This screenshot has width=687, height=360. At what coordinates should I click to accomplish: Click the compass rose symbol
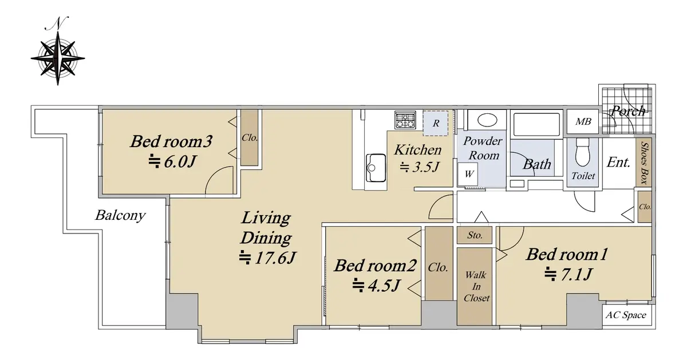coord(58,58)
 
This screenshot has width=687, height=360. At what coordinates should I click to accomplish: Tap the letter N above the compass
coord(57,23)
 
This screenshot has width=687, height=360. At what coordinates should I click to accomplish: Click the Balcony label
coord(120,215)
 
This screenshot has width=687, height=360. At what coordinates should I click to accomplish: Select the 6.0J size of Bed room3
coord(172,161)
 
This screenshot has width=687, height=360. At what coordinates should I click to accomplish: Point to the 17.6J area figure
coord(267,258)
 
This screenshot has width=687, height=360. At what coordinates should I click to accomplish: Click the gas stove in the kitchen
coord(405,120)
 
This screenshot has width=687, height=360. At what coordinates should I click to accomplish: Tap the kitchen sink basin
coord(376,168)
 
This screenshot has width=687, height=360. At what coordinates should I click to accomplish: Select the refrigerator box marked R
coord(436,123)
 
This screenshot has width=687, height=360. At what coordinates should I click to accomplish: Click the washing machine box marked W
coord(468,174)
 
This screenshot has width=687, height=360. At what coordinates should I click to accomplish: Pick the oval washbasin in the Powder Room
coord(487,120)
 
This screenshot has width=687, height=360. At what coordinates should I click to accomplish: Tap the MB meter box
coord(583,122)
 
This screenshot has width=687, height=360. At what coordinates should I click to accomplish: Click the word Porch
coord(628,111)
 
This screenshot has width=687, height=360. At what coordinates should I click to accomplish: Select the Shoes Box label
coord(645,163)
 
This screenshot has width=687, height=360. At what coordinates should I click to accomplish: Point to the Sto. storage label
coord(475,235)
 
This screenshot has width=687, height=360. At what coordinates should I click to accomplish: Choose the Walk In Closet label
coord(476,286)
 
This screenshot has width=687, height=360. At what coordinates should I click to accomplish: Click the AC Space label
coord(626,315)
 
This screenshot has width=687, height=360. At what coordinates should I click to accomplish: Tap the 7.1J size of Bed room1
coord(568,274)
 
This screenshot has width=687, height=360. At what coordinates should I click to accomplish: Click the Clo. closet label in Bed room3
coord(250,138)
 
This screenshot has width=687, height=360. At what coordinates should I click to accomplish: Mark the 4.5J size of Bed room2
coord(376,286)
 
